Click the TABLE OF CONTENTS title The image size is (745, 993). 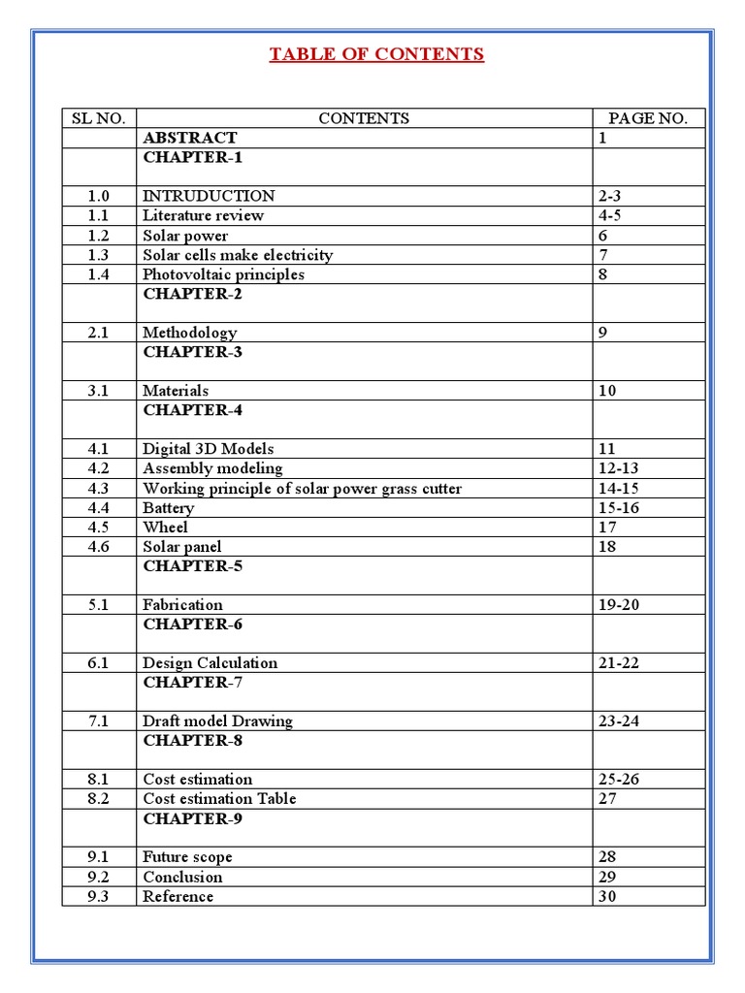point(376,54)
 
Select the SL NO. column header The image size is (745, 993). point(99,118)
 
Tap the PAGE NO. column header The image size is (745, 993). point(648,118)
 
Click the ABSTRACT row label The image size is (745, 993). point(189,138)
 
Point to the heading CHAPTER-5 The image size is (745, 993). point(192,565)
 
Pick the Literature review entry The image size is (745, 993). point(203,215)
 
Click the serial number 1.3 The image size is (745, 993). point(99,255)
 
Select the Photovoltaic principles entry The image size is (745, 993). point(223,274)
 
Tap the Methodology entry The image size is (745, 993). point(189,333)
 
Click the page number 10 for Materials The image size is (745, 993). point(607,391)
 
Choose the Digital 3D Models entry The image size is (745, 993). point(208,449)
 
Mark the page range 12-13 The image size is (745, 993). point(619,468)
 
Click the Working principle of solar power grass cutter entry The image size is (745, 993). point(302,489)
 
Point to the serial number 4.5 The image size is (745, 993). point(99,528)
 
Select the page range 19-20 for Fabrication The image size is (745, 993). point(619,605)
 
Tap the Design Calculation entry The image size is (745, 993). point(210,663)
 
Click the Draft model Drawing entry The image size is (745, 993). point(217,721)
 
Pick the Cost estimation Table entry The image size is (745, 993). point(219,799)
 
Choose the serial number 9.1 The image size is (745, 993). point(99,857)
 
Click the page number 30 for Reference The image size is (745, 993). point(607,896)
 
